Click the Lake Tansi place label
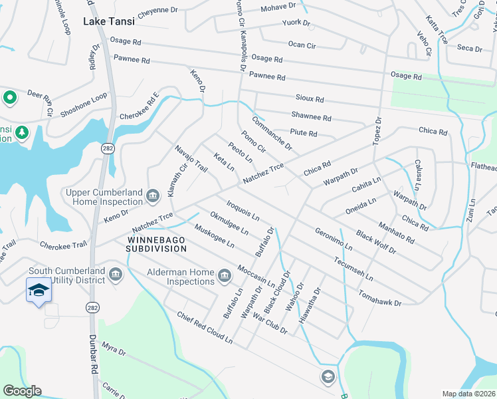click(x=108, y=21)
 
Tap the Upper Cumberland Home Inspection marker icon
click(x=153, y=196)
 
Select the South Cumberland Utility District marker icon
click(x=115, y=275)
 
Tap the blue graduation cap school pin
click(x=39, y=290)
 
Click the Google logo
click(x=22, y=391)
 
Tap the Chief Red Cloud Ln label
click(x=204, y=329)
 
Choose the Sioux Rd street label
click(x=310, y=99)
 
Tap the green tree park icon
click(x=22, y=132)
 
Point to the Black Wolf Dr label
click(x=375, y=243)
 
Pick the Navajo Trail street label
click(x=191, y=159)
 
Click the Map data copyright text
click(x=468, y=394)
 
